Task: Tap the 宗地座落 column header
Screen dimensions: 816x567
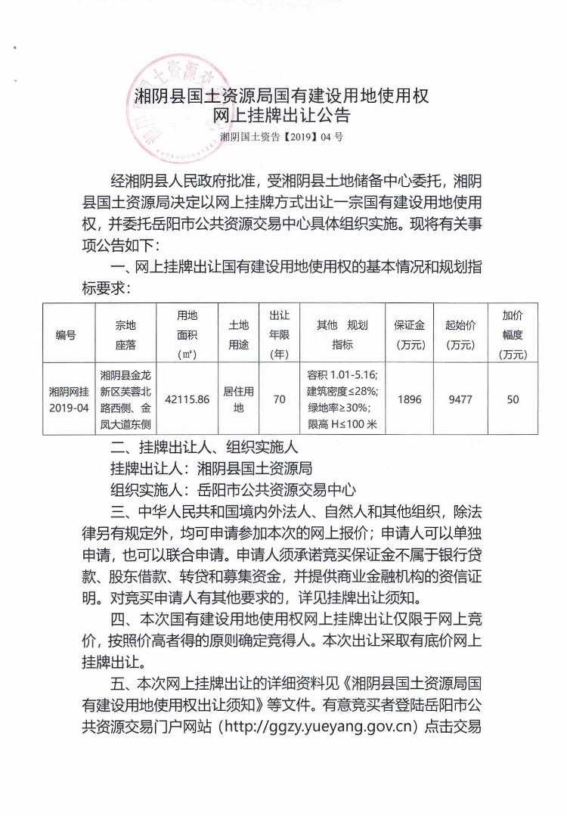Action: click(125, 334)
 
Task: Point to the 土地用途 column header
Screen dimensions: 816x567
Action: click(238, 334)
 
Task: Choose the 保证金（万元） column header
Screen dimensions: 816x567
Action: click(409, 334)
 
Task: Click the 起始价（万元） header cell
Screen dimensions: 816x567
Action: click(460, 334)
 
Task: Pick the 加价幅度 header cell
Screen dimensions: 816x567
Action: click(513, 334)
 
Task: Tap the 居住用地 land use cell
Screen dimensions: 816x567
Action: click(238, 399)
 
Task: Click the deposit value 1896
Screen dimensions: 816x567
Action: click(409, 399)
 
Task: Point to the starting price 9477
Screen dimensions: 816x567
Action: click(460, 399)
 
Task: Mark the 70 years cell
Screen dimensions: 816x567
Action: click(280, 399)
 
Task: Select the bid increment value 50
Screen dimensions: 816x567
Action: click(513, 399)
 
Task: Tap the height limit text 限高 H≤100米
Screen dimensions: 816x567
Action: click(341, 424)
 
